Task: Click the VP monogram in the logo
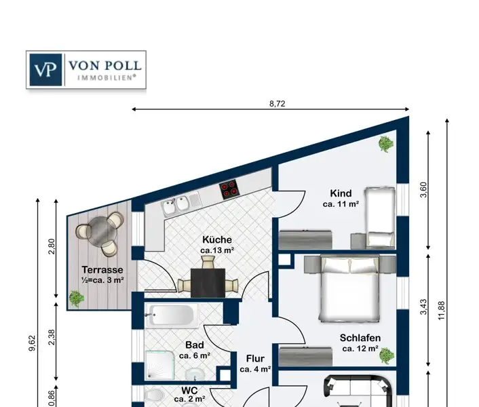click(x=45, y=70)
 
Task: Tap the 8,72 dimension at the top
click(x=277, y=104)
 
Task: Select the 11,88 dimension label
click(x=442, y=311)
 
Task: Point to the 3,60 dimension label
click(x=423, y=190)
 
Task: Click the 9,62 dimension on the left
click(x=32, y=343)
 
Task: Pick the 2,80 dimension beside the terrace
click(x=52, y=246)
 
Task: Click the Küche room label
click(x=217, y=239)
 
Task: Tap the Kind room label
click(x=341, y=193)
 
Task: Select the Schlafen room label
click(x=360, y=338)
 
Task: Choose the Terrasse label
click(x=102, y=270)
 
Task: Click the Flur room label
click(x=255, y=358)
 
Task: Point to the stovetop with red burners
click(x=229, y=189)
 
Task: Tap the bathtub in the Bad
click(x=172, y=315)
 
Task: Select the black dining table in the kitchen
click(x=208, y=283)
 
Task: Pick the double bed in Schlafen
click(x=349, y=288)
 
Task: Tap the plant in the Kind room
click(x=386, y=144)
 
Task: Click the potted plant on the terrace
click(x=76, y=298)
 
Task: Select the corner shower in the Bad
click(x=159, y=366)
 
